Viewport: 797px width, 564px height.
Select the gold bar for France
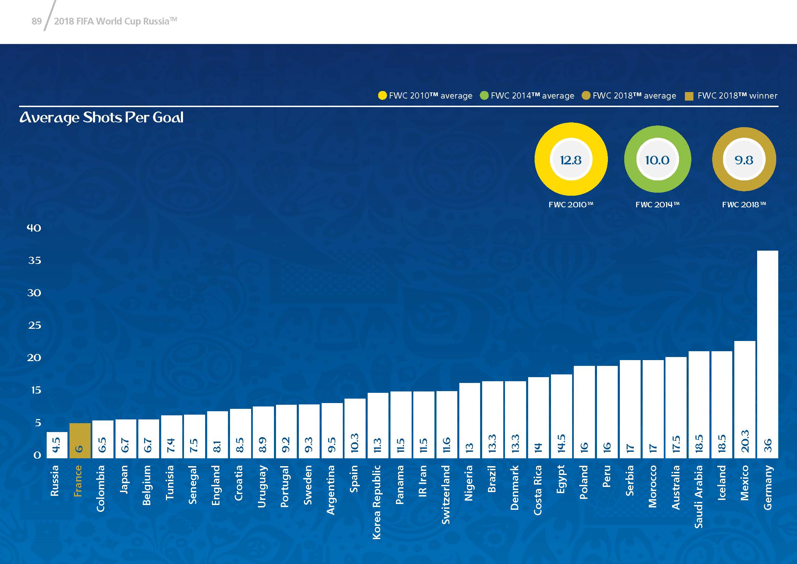coord(80,440)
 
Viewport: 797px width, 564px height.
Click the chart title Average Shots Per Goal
coord(101,118)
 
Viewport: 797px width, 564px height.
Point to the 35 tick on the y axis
coord(34,261)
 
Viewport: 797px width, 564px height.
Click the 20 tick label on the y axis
coord(34,358)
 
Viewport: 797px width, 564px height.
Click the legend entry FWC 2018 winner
coord(731,96)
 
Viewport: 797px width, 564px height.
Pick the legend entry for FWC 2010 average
coord(426,96)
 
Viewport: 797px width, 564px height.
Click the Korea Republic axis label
coord(377,502)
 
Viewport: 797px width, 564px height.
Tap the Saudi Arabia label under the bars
coord(699,496)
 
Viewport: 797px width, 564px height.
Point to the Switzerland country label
coord(446,494)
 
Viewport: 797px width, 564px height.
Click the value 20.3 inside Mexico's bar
coord(745,441)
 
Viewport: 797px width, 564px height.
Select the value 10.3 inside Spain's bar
coord(354,443)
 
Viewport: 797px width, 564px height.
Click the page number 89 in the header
coord(36,21)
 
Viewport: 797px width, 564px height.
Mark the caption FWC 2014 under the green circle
coord(657,205)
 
